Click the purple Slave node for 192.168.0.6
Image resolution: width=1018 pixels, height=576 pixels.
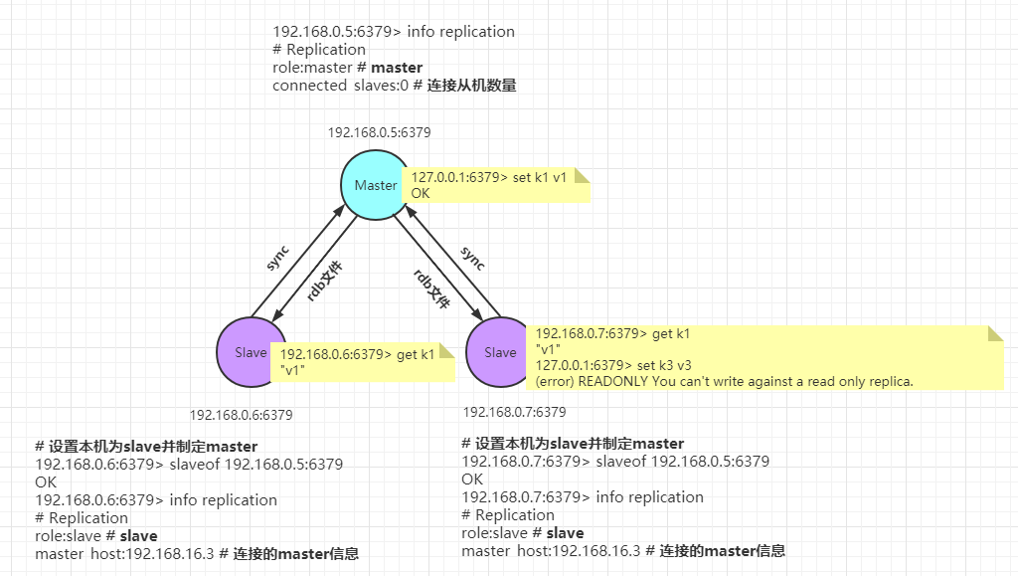pyautogui.click(x=252, y=352)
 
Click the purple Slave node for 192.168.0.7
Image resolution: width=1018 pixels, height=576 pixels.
pyautogui.click(x=500, y=352)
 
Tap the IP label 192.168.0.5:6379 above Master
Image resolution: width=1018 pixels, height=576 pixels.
pyautogui.click(x=379, y=132)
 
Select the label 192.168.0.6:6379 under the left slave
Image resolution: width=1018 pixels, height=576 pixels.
pyautogui.click(x=241, y=415)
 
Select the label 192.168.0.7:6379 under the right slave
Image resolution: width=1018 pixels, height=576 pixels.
pyautogui.click(x=514, y=412)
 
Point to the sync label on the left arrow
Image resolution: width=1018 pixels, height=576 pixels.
pyautogui.click(x=277, y=258)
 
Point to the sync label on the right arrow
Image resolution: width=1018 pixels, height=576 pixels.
pyautogui.click(x=473, y=259)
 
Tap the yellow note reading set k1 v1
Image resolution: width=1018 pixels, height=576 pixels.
pyautogui.click(x=494, y=184)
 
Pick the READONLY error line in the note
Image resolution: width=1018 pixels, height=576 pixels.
pyautogui.click(x=724, y=381)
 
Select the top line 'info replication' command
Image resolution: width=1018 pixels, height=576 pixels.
pyautogui.click(x=394, y=32)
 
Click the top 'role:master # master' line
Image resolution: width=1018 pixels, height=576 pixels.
pyautogui.click(x=347, y=68)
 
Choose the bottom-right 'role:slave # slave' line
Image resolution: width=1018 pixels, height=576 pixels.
pyautogui.click(x=523, y=532)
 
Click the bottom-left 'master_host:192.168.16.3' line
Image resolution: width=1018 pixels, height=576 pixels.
pyautogui.click(x=196, y=553)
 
